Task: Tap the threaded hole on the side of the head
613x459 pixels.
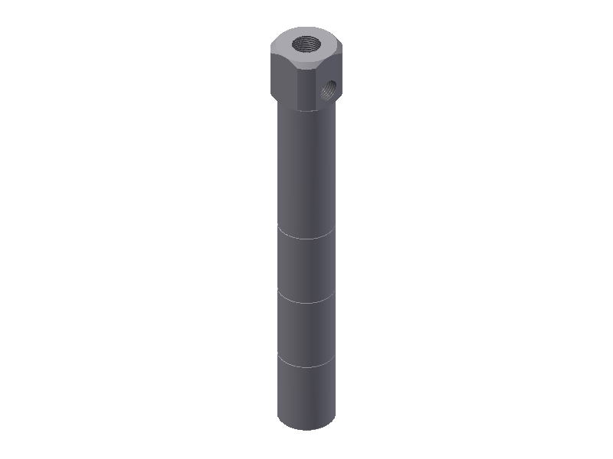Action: tap(329, 92)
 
